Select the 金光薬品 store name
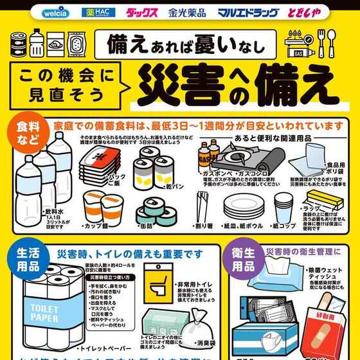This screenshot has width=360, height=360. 186,12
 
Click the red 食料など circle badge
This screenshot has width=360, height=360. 23,132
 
